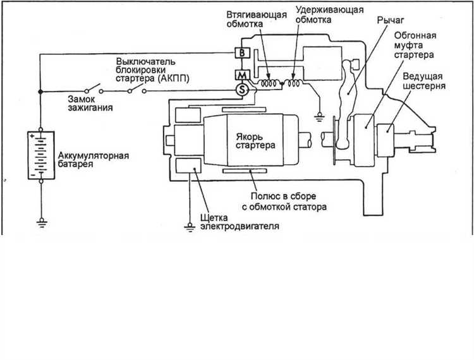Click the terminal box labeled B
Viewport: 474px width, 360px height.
tap(242, 53)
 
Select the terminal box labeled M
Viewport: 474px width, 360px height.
tap(242, 75)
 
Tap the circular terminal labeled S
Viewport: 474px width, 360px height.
tap(242, 90)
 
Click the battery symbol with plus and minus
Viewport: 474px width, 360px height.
tap(41, 155)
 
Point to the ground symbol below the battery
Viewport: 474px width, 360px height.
tap(42, 222)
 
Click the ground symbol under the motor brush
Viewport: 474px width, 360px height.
tap(190, 227)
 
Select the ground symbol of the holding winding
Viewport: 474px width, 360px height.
tap(319, 117)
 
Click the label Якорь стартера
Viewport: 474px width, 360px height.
tap(255, 141)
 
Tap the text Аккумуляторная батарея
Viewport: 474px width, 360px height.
tap(94, 160)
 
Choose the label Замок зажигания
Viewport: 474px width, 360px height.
tap(90, 104)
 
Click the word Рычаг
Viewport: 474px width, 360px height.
tap(391, 21)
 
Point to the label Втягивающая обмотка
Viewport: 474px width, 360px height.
tap(257, 20)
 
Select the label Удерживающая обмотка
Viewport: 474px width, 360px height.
tap(329, 15)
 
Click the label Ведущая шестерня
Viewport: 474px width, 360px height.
tap(424, 81)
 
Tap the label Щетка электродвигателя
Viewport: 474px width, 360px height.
tap(240, 222)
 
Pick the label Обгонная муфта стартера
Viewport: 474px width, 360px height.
tap(415, 45)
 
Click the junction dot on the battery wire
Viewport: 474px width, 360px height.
tap(40, 91)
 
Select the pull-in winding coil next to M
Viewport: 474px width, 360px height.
tap(269, 83)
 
